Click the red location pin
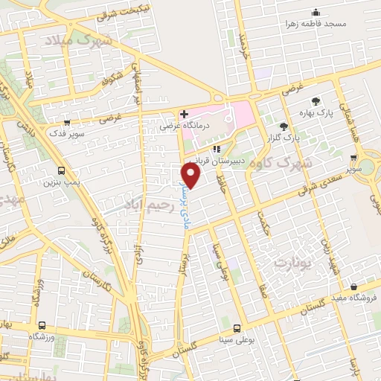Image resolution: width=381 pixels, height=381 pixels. click(x=191, y=176)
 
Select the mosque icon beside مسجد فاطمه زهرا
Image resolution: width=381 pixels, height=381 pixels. click(x=316, y=13)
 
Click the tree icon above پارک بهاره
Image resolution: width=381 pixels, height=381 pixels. click(x=317, y=101)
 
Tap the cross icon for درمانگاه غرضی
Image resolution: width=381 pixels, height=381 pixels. click(x=184, y=114)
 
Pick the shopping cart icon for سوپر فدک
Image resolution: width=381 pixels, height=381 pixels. click(x=67, y=124)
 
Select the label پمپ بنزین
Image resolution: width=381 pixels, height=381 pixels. click(x=60, y=181)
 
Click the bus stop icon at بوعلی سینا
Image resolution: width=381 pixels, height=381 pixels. click(x=237, y=328)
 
